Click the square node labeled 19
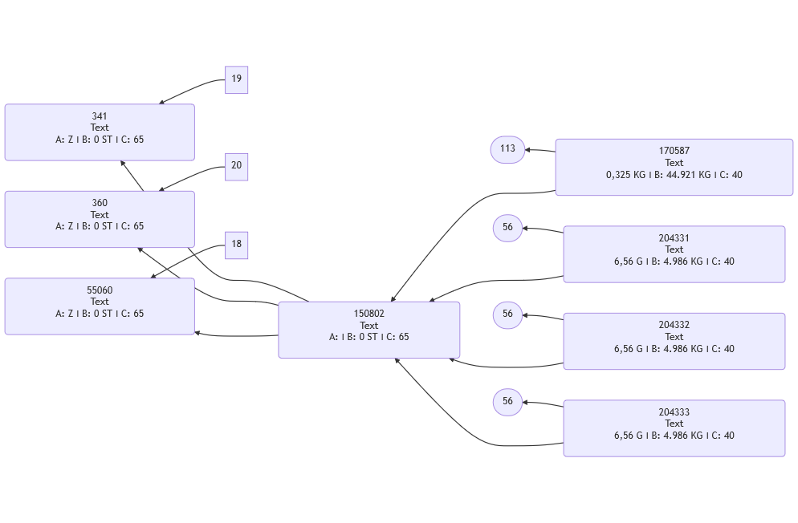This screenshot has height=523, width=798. [236, 79]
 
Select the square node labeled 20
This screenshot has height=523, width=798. [236, 166]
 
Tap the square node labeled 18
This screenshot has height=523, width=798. [236, 245]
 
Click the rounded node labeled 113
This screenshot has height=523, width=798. [507, 149]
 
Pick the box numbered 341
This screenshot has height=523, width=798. [100, 132]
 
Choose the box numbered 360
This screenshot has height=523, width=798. [100, 219]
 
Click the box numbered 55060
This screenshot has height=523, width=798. [100, 306]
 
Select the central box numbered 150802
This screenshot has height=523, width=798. [368, 330]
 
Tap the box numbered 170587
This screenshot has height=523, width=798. [674, 167]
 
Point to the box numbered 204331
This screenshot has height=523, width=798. [674, 254]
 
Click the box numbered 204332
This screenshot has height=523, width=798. [674, 341]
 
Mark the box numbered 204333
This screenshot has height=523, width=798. [674, 428]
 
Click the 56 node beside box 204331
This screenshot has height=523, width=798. [507, 228]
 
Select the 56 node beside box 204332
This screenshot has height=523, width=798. [507, 314]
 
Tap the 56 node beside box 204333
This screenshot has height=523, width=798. [507, 401]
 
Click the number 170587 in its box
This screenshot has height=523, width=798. [674, 151]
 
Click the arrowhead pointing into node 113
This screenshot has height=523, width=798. [528, 150]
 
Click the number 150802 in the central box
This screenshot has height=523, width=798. [368, 314]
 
